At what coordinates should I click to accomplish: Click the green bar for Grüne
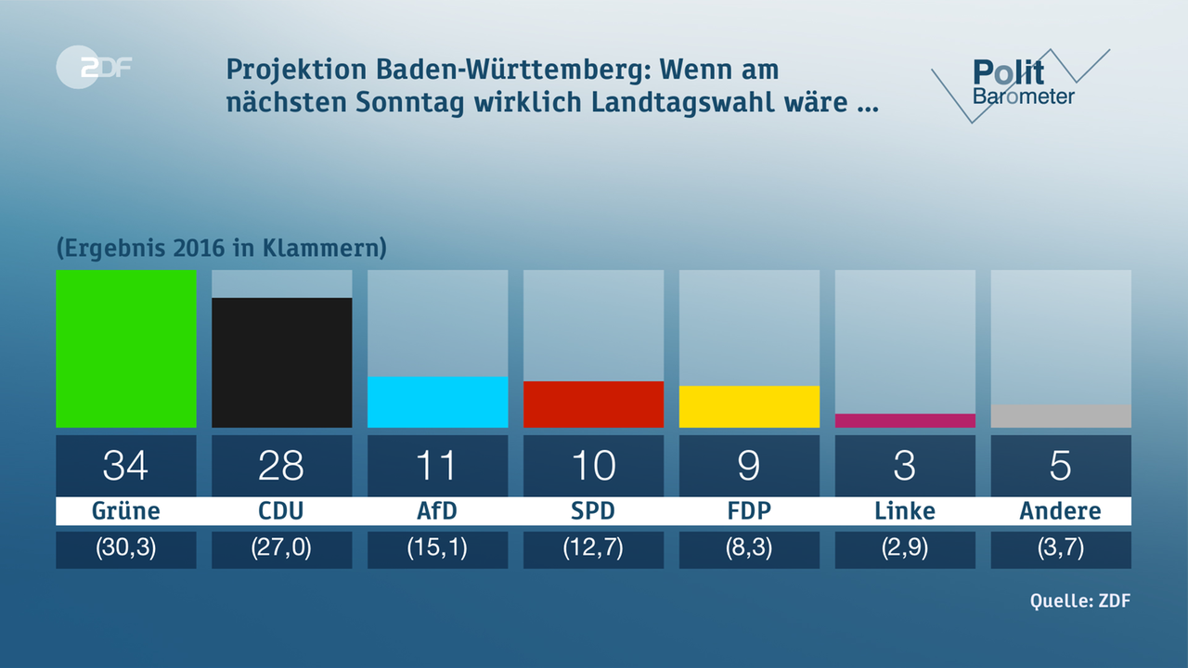click(x=125, y=349)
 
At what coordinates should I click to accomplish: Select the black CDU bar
click(x=281, y=363)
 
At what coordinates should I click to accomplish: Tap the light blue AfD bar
click(x=437, y=402)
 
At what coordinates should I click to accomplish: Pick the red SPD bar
click(x=593, y=405)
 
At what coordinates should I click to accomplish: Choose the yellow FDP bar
click(x=749, y=406)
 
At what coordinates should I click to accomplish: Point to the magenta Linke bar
click(x=905, y=420)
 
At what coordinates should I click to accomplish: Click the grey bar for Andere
click(x=1061, y=416)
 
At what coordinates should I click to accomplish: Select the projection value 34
click(x=125, y=466)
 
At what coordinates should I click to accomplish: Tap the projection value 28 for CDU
click(x=281, y=466)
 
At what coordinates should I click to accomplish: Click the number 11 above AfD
click(x=437, y=466)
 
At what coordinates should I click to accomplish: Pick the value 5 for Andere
click(x=1061, y=466)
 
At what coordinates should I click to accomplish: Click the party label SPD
click(x=593, y=511)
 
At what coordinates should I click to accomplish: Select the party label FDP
click(x=749, y=511)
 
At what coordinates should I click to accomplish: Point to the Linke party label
click(x=905, y=511)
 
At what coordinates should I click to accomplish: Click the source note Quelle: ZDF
click(x=1080, y=600)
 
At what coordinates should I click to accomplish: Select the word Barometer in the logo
click(x=1024, y=96)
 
